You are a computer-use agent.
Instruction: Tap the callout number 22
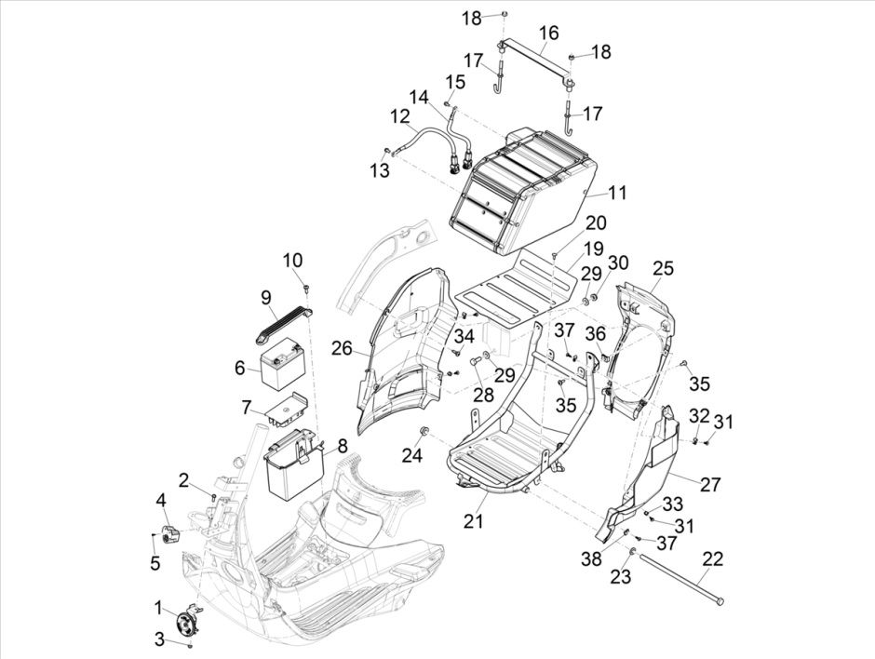pos(712,558)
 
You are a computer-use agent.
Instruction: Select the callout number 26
pos(342,348)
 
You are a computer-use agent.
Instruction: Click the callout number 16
pos(549,33)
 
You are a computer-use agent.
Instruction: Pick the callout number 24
pos(412,455)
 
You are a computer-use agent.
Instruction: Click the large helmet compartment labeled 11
pos(521,191)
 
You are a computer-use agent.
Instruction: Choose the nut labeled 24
pos(423,431)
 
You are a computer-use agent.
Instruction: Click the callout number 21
pos(474,522)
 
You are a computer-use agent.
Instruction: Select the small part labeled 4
pos(169,532)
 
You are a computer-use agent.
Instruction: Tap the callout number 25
pos(662,268)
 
